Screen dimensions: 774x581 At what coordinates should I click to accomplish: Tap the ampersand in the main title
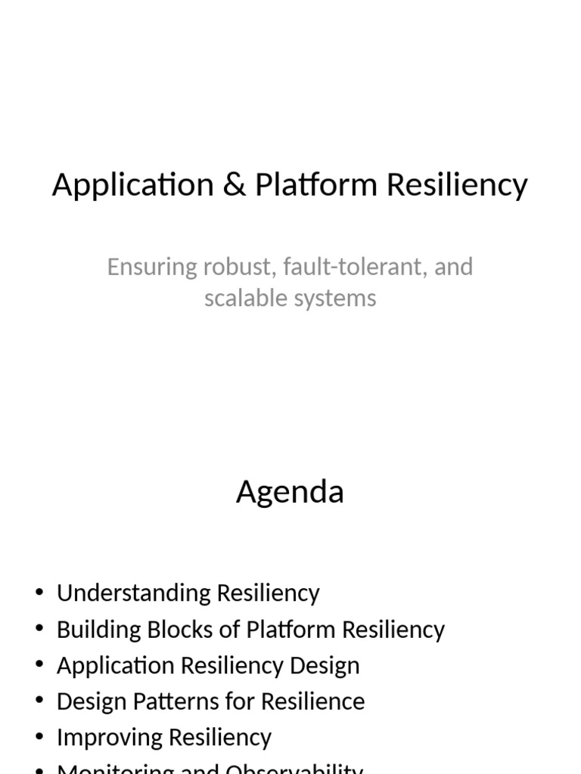(x=235, y=185)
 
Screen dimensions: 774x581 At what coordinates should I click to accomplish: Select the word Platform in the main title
(x=317, y=185)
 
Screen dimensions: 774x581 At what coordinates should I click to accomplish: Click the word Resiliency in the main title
(x=458, y=185)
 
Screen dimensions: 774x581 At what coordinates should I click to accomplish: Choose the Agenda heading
(x=290, y=492)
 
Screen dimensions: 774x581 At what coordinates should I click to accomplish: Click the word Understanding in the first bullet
(x=134, y=593)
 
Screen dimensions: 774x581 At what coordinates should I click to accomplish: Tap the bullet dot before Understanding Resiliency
(x=39, y=593)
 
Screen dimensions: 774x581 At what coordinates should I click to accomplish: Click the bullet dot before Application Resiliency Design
(x=39, y=665)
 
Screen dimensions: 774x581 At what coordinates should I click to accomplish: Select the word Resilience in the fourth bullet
(x=312, y=701)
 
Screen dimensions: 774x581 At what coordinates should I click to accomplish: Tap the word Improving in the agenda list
(x=107, y=737)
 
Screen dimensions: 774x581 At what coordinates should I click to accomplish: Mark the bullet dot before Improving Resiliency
(x=39, y=737)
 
